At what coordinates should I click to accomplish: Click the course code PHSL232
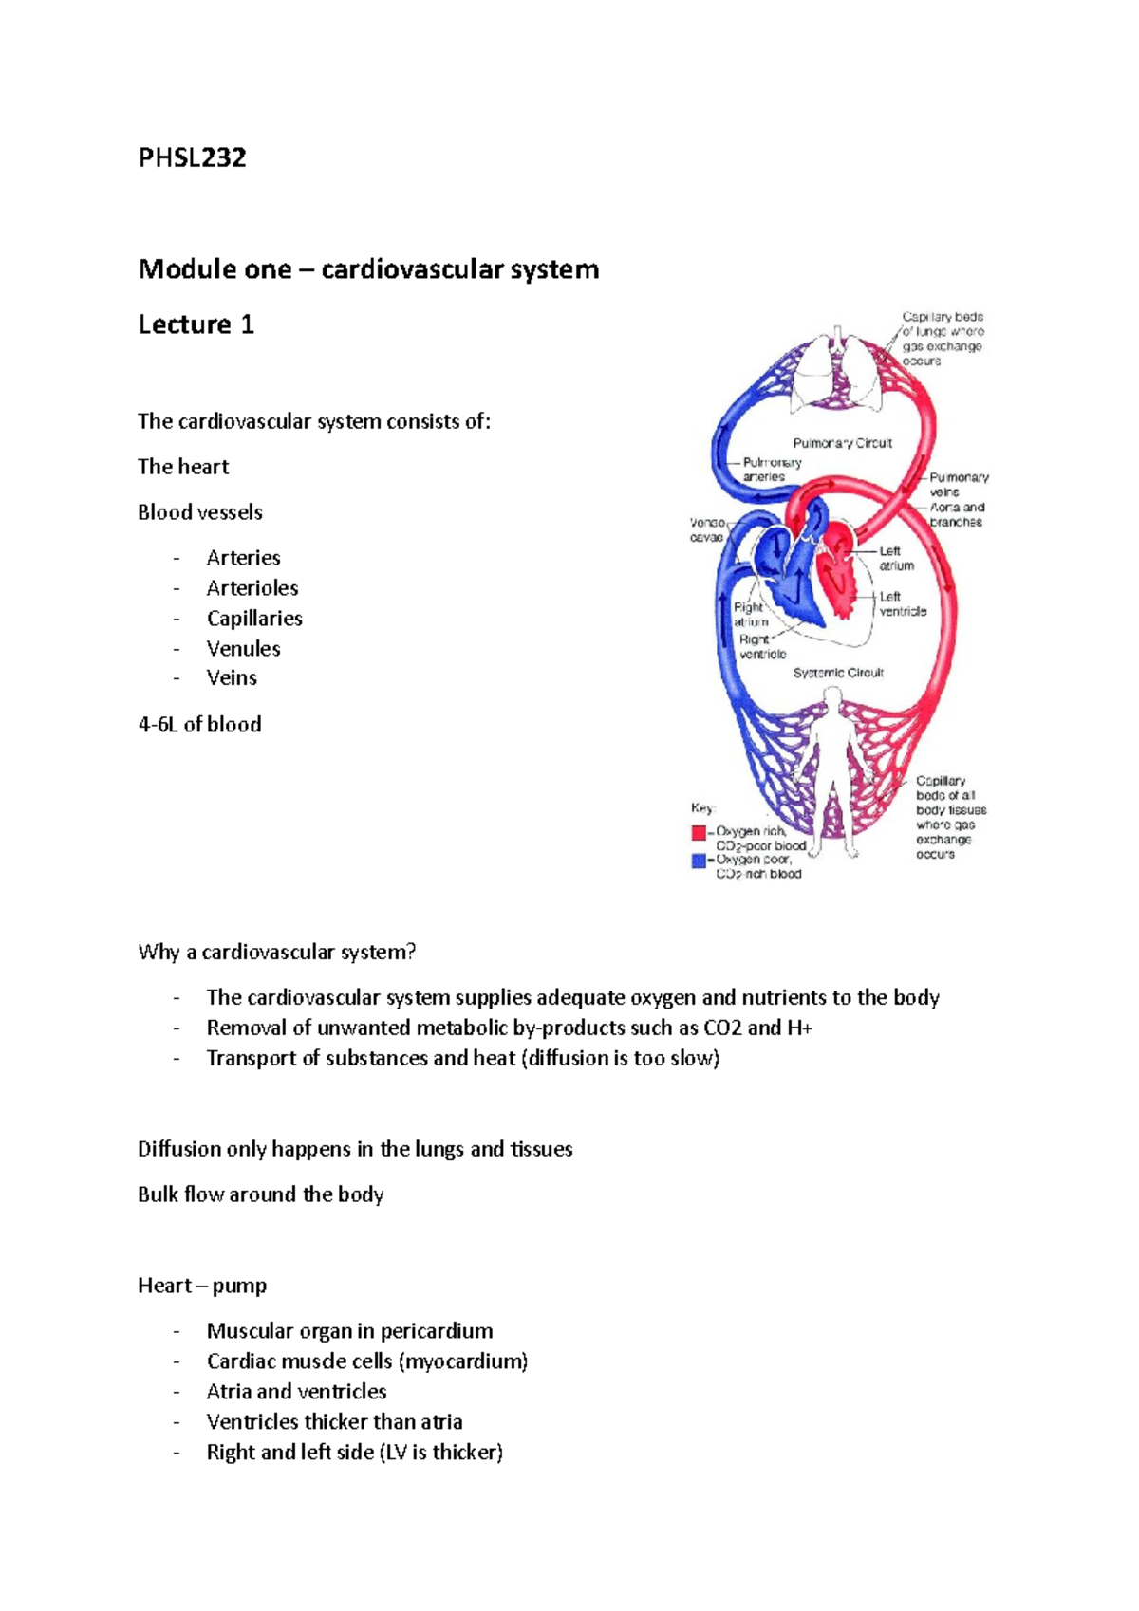193,157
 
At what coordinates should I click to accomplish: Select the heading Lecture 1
196,324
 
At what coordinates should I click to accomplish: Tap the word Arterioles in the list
252,588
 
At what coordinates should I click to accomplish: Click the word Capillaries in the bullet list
254,619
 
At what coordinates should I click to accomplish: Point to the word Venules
244,649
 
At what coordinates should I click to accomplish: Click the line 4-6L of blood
199,725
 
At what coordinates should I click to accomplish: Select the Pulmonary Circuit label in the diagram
842,443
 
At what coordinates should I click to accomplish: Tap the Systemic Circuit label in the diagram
838,673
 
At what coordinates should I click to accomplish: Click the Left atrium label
895,558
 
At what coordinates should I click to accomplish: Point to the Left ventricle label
902,604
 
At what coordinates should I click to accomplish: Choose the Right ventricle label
762,647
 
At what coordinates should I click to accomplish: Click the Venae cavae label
707,529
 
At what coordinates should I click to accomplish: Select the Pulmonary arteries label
771,470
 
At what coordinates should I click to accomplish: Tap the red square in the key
699,833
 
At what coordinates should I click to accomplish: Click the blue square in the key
699,861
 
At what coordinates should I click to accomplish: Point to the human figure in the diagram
832,768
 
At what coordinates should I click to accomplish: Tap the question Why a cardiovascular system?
277,952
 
